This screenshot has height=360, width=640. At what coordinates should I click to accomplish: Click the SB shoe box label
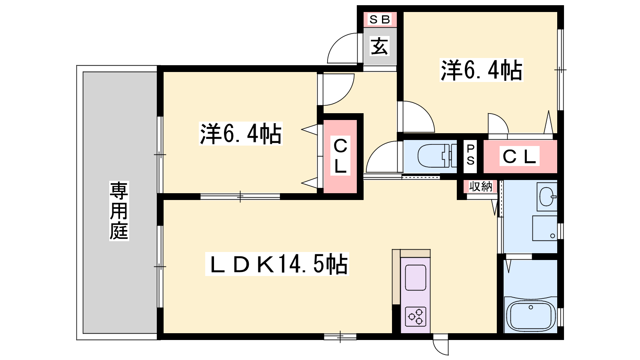[x=380, y=20]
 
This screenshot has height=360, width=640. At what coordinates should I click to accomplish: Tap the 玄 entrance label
[x=380, y=46]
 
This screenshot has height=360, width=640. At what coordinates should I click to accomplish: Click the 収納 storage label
[x=481, y=186]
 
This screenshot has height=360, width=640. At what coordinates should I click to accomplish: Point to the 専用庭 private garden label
[x=119, y=211]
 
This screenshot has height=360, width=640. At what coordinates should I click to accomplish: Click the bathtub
[x=531, y=316]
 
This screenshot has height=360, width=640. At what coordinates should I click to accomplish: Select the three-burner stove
[x=416, y=316]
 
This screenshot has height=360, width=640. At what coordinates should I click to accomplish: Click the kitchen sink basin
[x=416, y=278]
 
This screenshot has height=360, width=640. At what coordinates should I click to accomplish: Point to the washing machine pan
[x=545, y=228]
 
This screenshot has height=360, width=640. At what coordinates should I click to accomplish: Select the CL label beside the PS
[x=519, y=156]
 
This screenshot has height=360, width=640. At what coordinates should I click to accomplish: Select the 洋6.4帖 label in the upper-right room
[x=482, y=70]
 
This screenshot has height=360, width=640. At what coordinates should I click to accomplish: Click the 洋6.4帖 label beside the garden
[x=241, y=134]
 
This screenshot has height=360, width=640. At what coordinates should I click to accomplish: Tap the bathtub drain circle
[x=531, y=307]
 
